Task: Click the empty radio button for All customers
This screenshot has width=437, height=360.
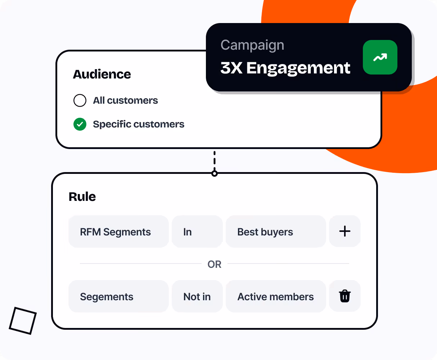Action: pyautogui.click(x=80, y=100)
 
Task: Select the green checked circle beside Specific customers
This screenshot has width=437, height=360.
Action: pyautogui.click(x=80, y=125)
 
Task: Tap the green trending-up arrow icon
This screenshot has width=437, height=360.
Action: pyautogui.click(x=380, y=57)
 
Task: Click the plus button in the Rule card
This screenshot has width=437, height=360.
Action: pyautogui.click(x=344, y=231)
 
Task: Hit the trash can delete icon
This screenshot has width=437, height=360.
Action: pyautogui.click(x=344, y=296)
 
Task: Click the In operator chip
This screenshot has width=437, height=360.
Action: pyautogui.click(x=197, y=232)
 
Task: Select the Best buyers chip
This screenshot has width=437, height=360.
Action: pyautogui.click(x=275, y=232)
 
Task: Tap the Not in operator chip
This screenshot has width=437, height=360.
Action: pyautogui.click(x=197, y=297)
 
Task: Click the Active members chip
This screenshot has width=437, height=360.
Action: pyautogui.click(x=275, y=297)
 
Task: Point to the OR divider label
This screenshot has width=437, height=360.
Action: pyautogui.click(x=215, y=264)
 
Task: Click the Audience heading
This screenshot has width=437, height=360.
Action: pyautogui.click(x=102, y=74)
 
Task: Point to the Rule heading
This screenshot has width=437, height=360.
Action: pyautogui.click(x=82, y=197)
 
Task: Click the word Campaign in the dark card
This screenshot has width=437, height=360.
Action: pyautogui.click(x=252, y=45)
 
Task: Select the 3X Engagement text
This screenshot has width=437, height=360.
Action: pyautogui.click(x=285, y=68)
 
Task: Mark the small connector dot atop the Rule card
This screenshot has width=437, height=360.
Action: pyautogui.click(x=215, y=174)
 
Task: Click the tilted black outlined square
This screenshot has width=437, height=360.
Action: pyautogui.click(x=23, y=320)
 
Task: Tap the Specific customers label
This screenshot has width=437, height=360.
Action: pyautogui.click(x=139, y=125)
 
